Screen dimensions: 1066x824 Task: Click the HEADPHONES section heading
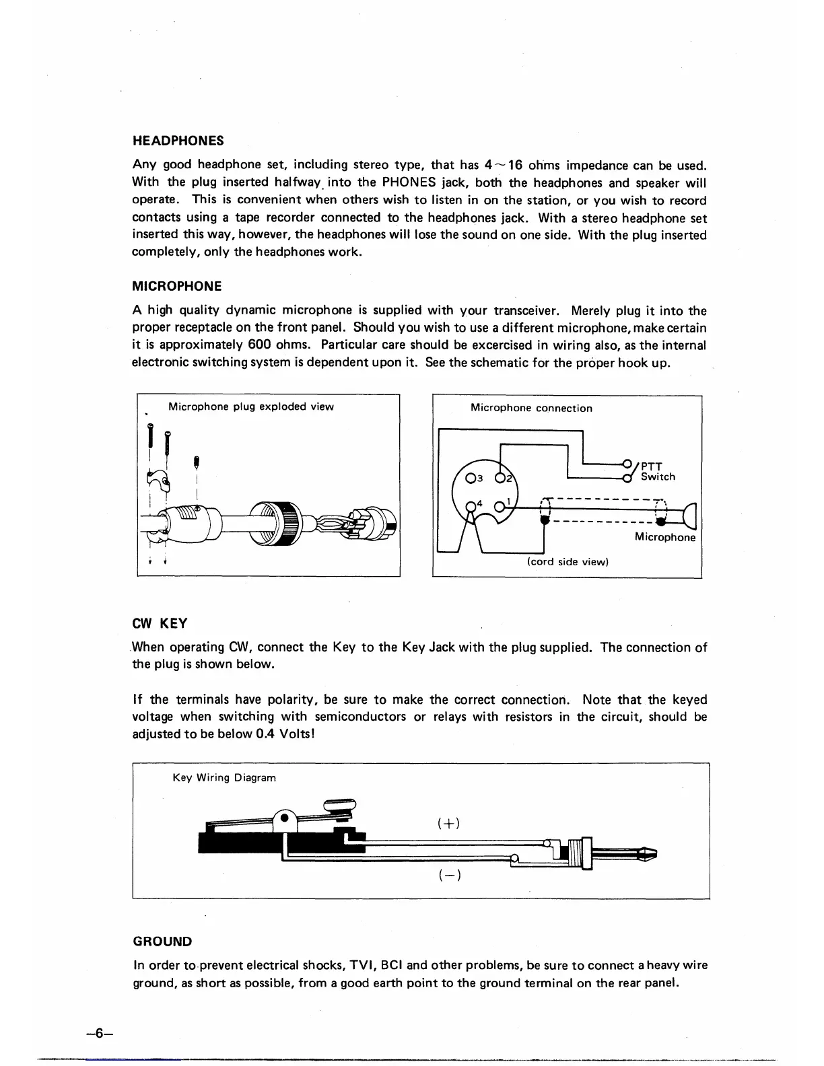178,141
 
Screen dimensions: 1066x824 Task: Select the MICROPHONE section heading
176,286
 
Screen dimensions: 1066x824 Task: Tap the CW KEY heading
160,623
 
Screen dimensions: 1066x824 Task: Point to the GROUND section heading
162,941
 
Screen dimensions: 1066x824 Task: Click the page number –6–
98,1033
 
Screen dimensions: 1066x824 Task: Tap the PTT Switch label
657,471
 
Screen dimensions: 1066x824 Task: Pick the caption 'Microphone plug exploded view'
250,406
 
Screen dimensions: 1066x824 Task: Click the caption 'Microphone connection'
531,408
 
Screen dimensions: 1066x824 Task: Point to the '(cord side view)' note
568,562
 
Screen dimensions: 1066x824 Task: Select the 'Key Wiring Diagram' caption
224,777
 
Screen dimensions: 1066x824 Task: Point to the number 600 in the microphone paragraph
259,345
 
